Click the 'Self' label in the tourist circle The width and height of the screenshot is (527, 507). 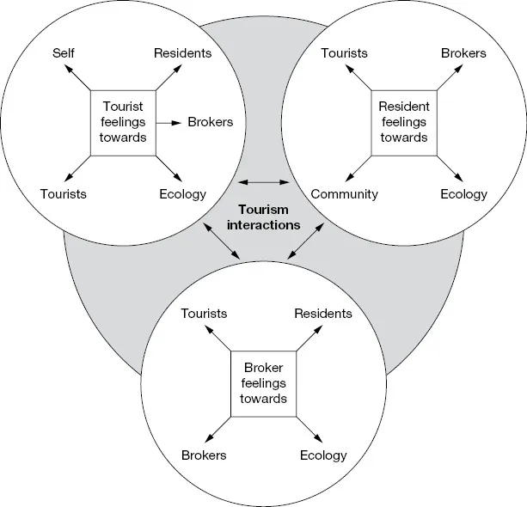[64, 53]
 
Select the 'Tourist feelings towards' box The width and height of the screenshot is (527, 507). [124, 122]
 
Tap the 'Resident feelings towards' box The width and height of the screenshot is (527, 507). [403, 122]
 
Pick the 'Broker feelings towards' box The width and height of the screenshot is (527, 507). [264, 382]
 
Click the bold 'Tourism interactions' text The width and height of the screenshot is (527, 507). [263, 217]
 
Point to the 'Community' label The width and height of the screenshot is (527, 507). [345, 194]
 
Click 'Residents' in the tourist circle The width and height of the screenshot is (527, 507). [182, 53]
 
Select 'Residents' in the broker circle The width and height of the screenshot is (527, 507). [323, 314]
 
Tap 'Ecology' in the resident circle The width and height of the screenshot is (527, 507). [463, 194]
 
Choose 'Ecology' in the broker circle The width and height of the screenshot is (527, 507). [323, 455]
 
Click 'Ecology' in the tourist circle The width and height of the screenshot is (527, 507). [182, 194]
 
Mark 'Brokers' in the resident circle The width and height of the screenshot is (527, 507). [463, 53]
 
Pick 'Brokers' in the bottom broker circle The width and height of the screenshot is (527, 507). [204, 455]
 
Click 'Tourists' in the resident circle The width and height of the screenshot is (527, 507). [345, 53]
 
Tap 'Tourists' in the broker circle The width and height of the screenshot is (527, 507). [204, 314]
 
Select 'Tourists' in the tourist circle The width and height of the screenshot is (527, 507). [64, 194]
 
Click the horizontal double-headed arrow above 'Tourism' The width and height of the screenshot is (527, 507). [264, 182]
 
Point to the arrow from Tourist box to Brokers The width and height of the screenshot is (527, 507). [169, 122]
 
